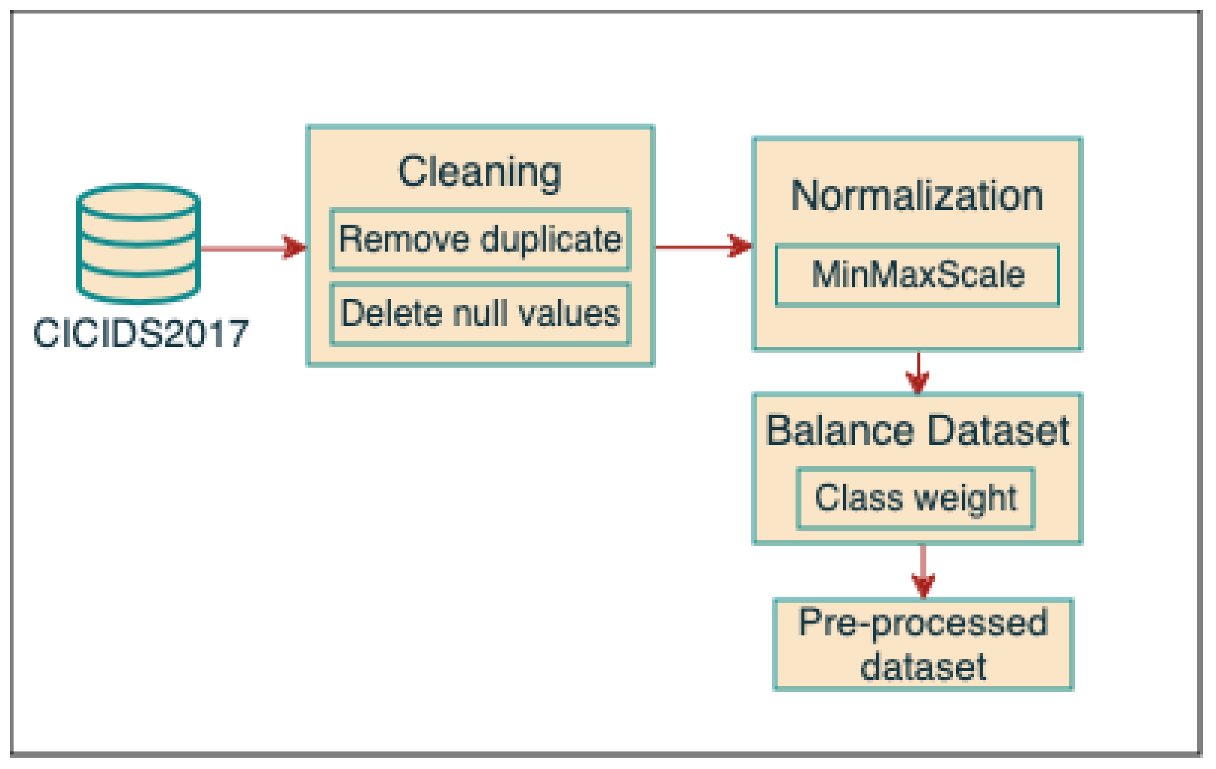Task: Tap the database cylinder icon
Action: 138,244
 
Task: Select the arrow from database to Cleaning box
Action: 252,248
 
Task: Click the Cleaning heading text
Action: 479,172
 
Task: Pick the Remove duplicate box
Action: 480,239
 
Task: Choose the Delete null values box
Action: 480,314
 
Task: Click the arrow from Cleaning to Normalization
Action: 702,246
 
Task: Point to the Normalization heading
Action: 917,196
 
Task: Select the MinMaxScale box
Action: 917,275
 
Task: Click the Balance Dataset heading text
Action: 917,431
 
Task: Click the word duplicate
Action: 550,239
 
